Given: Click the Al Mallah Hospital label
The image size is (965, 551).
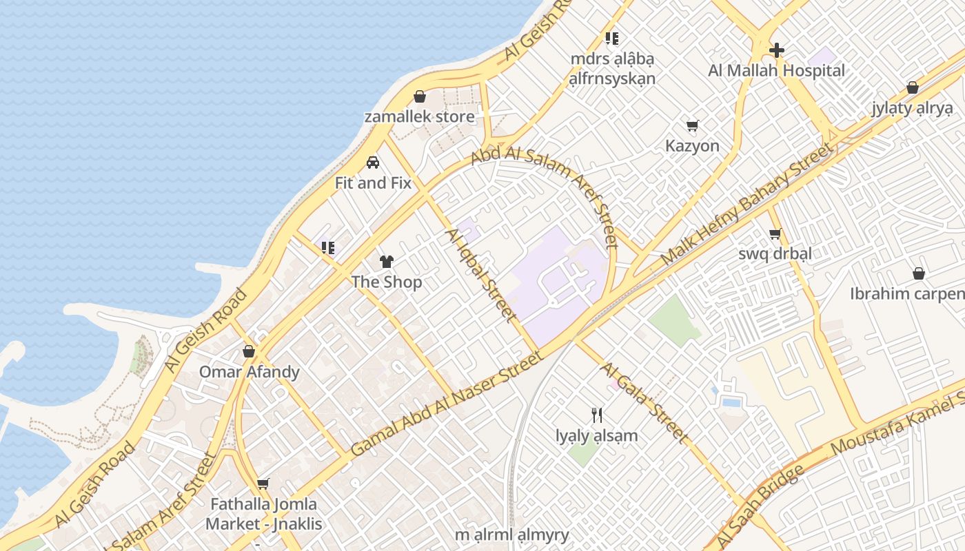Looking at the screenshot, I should click(x=776, y=70).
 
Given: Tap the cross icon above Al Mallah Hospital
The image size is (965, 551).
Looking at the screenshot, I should click(x=777, y=50).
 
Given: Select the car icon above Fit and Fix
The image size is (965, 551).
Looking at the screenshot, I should click(x=373, y=163).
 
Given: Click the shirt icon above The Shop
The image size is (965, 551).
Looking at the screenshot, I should click(x=386, y=262).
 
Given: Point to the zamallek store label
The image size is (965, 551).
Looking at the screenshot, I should click(x=419, y=116).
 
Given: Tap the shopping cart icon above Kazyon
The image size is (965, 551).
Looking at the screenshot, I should click(x=692, y=125).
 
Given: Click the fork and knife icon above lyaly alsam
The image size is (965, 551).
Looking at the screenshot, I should click(x=597, y=415).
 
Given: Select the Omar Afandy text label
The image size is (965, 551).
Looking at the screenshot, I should click(x=250, y=372).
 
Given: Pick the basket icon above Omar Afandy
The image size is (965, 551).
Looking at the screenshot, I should click(x=249, y=351).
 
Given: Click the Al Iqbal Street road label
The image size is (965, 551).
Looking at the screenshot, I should click(x=481, y=275).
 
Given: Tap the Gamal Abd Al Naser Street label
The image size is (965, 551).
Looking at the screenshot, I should click(x=447, y=403).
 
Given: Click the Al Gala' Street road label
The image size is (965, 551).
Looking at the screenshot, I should click(x=644, y=403).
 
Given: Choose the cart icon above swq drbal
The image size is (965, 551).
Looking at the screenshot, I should click(x=775, y=233).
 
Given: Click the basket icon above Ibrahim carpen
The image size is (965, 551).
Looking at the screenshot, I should click(x=919, y=273).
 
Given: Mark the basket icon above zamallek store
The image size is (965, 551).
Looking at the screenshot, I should click(x=419, y=96).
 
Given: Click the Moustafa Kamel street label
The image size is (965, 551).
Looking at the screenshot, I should click(x=896, y=420).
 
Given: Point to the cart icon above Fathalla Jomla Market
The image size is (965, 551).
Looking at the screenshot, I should click(x=263, y=484).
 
